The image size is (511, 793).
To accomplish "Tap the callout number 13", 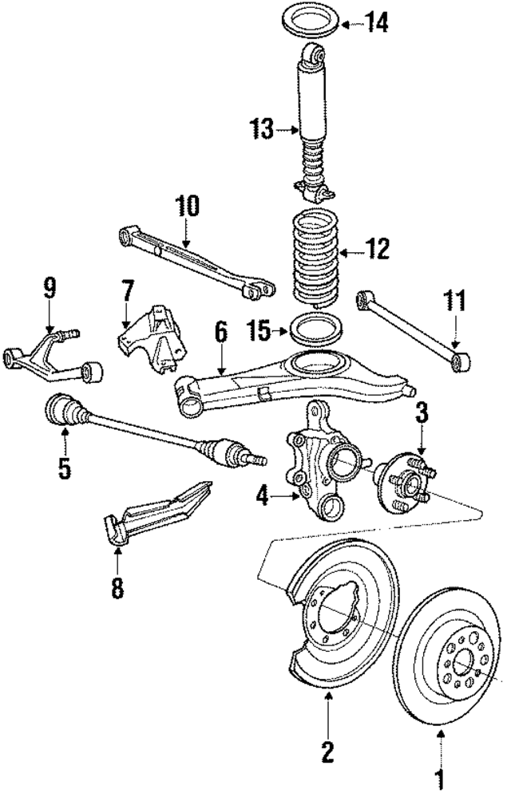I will pyautogui.click(x=261, y=128).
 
